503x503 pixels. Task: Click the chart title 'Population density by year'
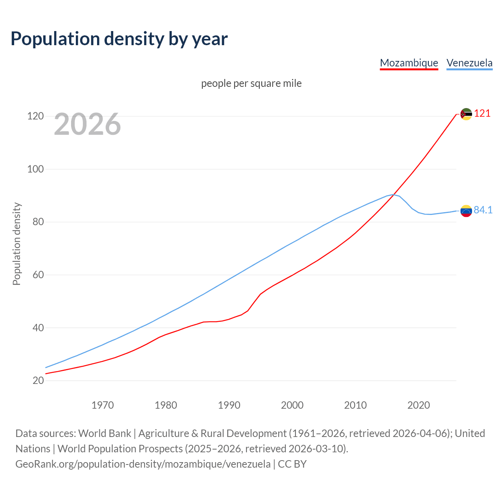(x=119, y=39)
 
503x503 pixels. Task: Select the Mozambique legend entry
(x=409, y=63)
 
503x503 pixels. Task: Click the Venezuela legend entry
(x=469, y=63)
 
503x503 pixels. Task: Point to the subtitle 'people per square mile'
(x=251, y=83)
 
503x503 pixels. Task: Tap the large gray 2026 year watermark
(x=87, y=124)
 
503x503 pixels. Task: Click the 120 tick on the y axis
(x=35, y=116)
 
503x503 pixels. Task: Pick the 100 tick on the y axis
(x=35, y=169)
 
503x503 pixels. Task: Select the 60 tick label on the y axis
(x=38, y=275)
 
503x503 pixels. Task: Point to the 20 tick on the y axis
(x=38, y=380)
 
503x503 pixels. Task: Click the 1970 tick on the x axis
(x=103, y=405)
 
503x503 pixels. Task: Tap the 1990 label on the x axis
(x=229, y=405)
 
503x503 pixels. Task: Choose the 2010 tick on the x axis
(x=355, y=405)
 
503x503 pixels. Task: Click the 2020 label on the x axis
(x=419, y=405)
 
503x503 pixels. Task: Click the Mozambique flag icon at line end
(x=466, y=114)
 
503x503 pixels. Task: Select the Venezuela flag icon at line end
(x=466, y=211)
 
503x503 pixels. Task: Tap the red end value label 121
(x=482, y=114)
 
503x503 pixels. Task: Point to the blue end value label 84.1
(x=483, y=210)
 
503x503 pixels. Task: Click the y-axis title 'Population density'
(x=17, y=244)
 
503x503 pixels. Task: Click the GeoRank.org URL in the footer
(x=143, y=464)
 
